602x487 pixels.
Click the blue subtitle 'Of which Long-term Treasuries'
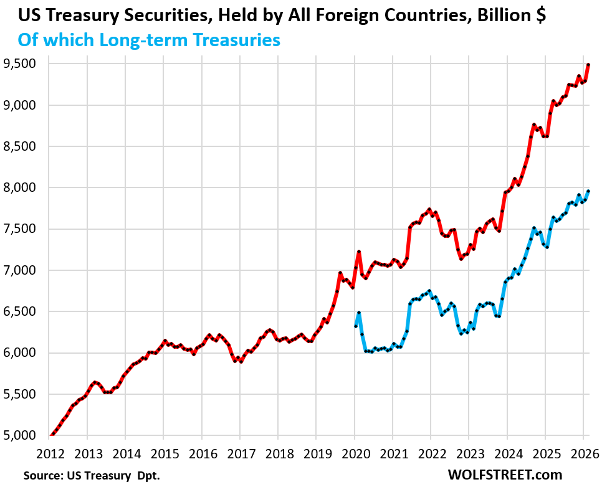click(149, 40)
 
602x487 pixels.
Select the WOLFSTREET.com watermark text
click(505, 475)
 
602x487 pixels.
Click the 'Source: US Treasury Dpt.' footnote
click(92, 475)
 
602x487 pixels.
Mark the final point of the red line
click(588, 65)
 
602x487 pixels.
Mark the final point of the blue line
click(588, 191)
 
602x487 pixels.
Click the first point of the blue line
click(355, 326)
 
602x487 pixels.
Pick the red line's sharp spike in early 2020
click(359, 252)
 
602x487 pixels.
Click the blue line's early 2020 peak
click(359, 313)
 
